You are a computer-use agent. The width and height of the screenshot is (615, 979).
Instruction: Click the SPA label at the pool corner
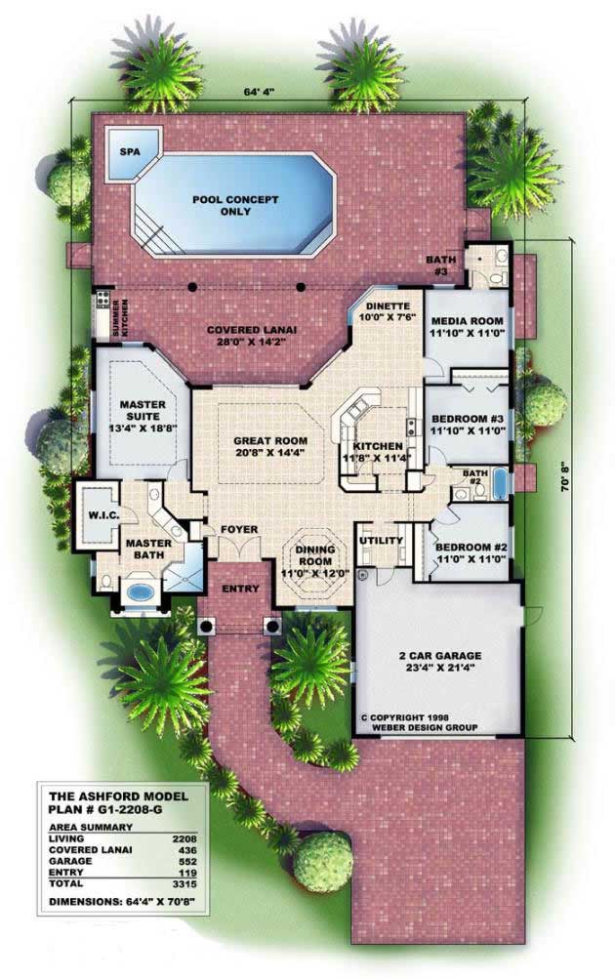128,153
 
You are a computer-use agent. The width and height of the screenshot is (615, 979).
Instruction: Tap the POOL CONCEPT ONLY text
234,206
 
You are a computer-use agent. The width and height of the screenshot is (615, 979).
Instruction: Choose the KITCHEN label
367,452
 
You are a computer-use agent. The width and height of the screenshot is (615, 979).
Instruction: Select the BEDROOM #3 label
467,426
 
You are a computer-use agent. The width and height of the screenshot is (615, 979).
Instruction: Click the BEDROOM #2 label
469,553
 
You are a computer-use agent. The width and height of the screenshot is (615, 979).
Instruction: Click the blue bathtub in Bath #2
500,482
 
